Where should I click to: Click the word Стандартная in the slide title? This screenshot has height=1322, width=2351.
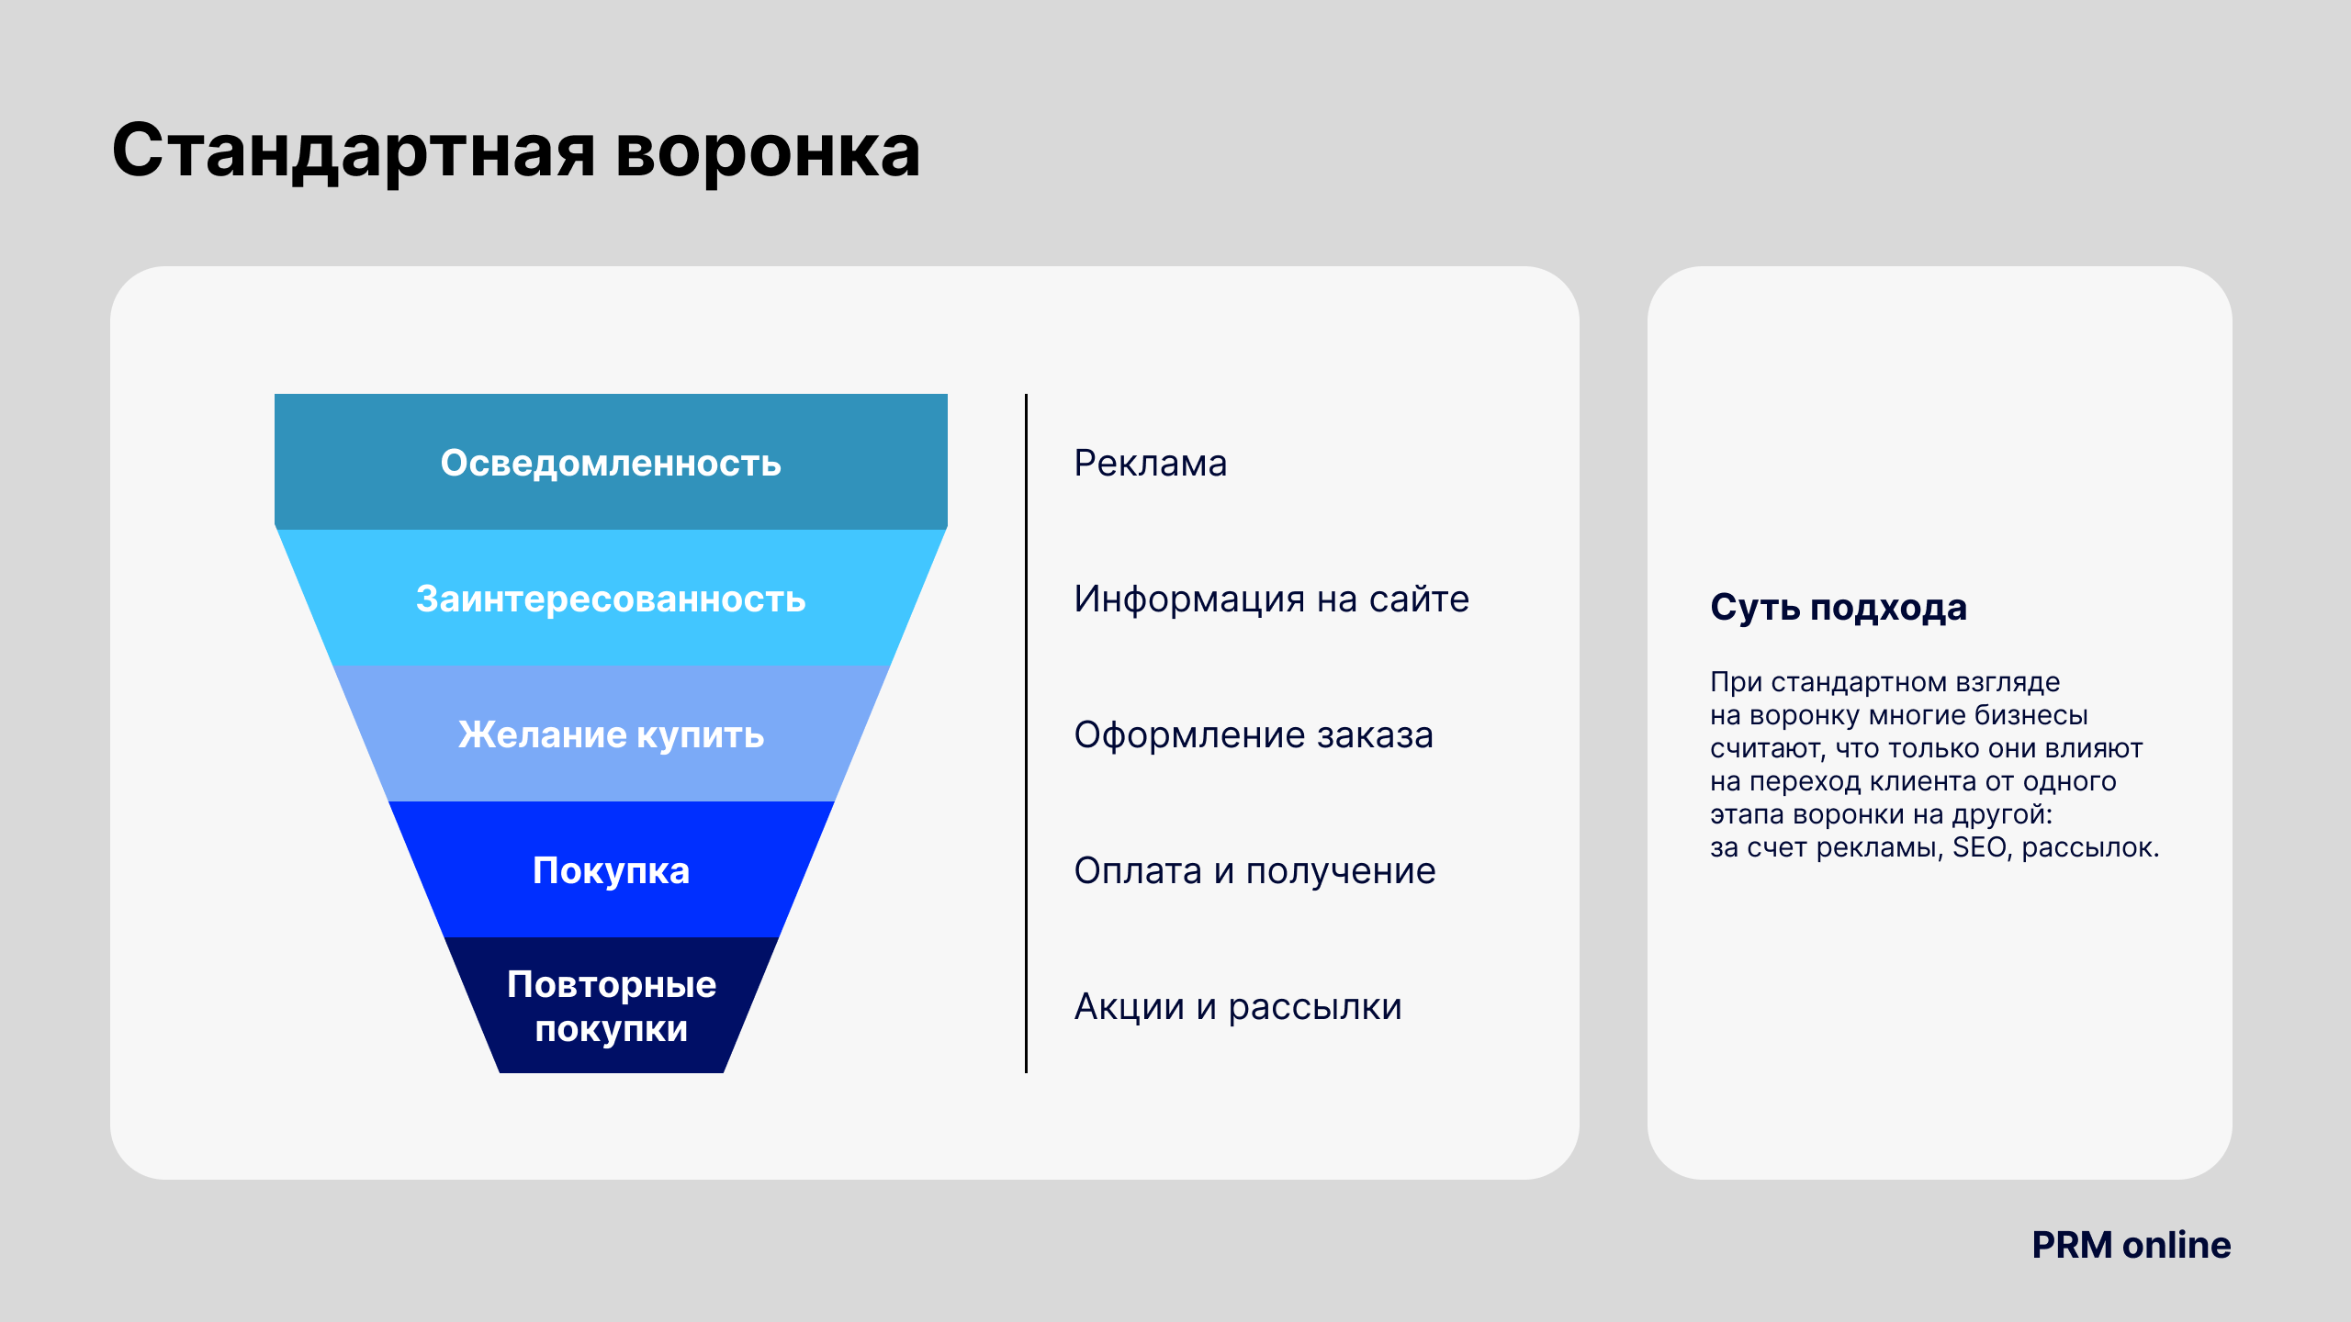354,152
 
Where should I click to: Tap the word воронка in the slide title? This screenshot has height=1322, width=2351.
768,152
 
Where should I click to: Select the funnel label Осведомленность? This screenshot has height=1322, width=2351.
611,463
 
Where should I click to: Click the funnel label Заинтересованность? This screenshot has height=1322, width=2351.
611,599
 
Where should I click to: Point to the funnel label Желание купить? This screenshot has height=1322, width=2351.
611,734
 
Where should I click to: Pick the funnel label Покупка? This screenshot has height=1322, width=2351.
611,870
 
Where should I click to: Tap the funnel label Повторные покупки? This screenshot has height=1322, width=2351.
611,1006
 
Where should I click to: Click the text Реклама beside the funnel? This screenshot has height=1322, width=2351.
1151,464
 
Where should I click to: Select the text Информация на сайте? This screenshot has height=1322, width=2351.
1272,599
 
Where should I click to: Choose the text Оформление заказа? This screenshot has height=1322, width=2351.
1254,734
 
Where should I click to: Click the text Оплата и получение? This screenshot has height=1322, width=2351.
1255,871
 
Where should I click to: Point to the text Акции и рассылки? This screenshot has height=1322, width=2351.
1238,1007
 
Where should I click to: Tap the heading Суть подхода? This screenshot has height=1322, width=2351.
1839,608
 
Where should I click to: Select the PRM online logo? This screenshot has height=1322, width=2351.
2131,1245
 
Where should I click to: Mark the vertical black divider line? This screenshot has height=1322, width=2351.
1026,734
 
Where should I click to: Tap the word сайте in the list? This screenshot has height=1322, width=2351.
1419,599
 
